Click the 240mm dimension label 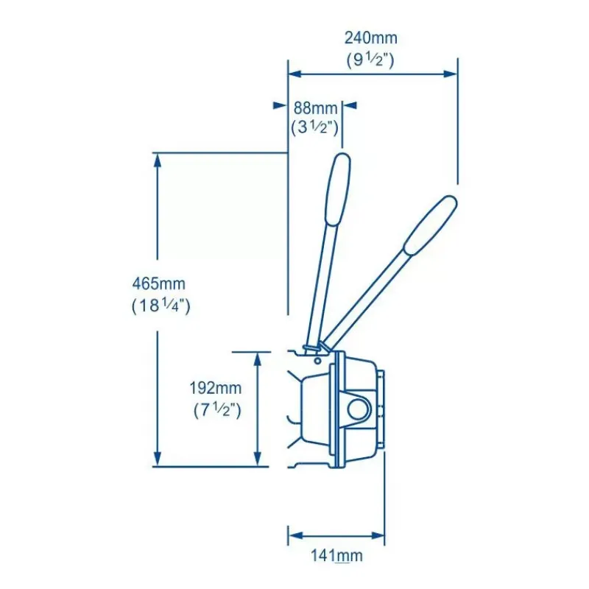(x=371, y=38)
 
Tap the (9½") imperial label (x=370, y=60)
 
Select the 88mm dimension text (x=315, y=108)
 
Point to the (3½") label (x=315, y=127)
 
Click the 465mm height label (x=159, y=283)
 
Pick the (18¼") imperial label (x=161, y=306)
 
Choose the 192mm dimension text (x=215, y=388)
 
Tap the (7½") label (x=217, y=410)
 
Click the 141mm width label (x=336, y=556)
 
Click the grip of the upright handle (x=338, y=190)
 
